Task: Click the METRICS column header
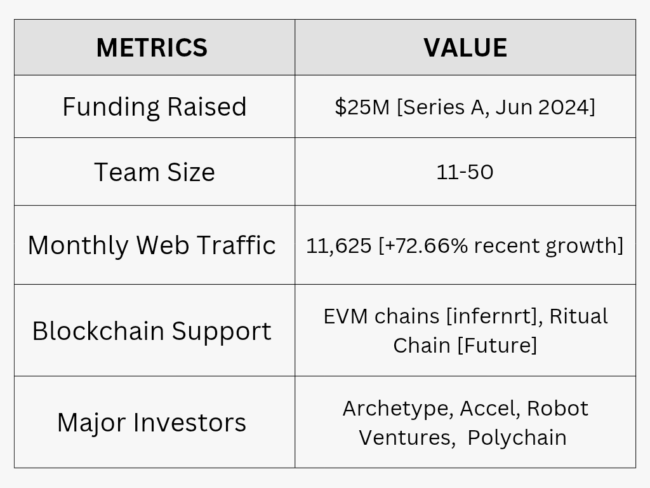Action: pos(152,47)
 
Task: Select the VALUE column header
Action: pos(465,47)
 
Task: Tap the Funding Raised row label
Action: pos(154,107)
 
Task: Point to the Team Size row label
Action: pos(154,172)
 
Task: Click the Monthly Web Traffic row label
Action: pos(152,245)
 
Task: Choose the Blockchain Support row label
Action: pos(152,331)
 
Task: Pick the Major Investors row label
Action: pos(152,423)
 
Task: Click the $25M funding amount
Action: pos(362,107)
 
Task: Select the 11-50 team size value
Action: pos(465,172)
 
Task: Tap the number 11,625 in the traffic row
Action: pos(339,246)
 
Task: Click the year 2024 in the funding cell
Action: pos(564,107)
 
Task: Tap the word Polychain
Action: pos(517,437)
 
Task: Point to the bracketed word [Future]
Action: pos(497,345)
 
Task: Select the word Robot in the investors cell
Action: pos(557,409)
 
